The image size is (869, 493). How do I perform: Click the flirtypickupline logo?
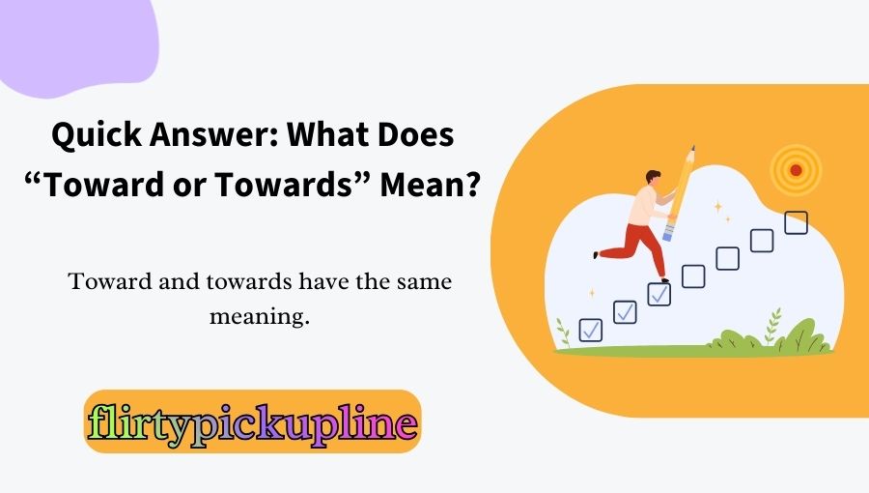coord(252,422)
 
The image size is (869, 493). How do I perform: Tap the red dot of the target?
coord(796,170)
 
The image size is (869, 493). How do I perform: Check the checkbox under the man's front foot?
coord(659,294)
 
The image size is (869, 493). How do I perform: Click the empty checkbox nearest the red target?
coord(796,223)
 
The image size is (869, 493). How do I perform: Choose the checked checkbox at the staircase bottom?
coord(591,330)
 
